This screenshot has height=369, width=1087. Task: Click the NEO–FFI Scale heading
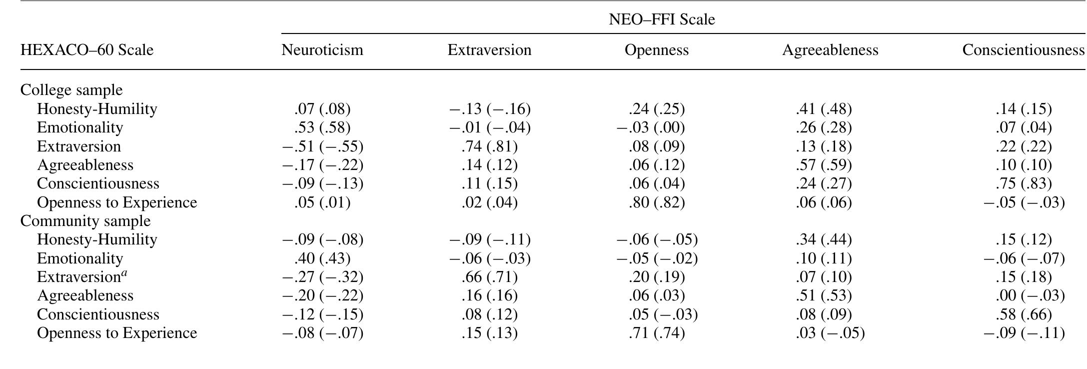[662, 19]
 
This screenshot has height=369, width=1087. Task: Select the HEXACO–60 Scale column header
[87, 50]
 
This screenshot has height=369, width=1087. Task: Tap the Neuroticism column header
[322, 50]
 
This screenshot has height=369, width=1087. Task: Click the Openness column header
[656, 50]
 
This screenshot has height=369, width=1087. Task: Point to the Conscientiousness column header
[1023, 50]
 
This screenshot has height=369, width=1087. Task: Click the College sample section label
[71, 90]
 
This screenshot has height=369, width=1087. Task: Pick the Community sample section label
[85, 221]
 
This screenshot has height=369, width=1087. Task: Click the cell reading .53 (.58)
[322, 127]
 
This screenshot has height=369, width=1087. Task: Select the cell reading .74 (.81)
[489, 146]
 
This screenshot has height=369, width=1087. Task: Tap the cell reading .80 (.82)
[656, 202]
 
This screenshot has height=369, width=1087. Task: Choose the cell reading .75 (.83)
[1023, 183]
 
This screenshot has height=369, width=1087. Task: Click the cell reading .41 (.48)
[823, 109]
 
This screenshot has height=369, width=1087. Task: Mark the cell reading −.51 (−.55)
[322, 146]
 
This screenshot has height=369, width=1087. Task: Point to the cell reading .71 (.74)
[656, 333]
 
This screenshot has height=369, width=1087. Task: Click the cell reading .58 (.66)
[1023, 314]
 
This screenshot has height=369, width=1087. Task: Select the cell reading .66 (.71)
[489, 277]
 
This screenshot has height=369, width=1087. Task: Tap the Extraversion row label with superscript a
[82, 277]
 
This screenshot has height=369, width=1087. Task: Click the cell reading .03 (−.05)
[830, 333]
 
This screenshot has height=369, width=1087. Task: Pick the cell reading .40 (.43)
[322, 258]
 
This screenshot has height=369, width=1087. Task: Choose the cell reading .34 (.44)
[823, 239]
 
